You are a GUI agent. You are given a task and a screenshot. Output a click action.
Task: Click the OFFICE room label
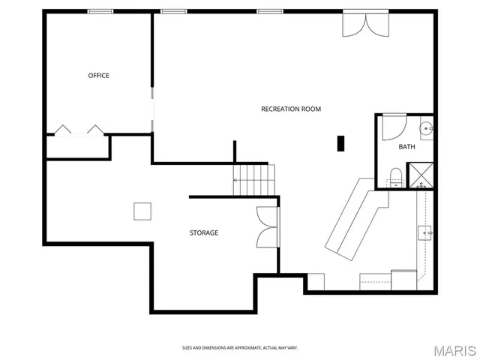98,75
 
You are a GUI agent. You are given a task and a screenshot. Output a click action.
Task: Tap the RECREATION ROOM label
290,109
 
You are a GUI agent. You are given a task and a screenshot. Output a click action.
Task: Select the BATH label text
406,146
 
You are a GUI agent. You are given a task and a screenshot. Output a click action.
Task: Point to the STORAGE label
203,232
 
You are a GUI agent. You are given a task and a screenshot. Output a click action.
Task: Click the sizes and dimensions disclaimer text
239,348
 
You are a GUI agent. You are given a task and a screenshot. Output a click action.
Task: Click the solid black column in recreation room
340,142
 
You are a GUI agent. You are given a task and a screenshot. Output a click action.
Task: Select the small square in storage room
142,211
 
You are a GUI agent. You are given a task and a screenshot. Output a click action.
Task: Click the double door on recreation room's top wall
366,24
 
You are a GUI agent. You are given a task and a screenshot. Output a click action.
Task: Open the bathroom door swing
393,127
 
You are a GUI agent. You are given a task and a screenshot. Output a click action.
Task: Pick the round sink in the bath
426,129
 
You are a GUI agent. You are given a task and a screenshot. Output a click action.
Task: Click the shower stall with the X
420,175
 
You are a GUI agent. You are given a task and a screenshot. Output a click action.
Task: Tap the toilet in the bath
396,177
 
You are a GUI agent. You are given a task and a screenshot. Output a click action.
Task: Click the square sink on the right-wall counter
426,232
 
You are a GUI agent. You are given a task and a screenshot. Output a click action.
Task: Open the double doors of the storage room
268,226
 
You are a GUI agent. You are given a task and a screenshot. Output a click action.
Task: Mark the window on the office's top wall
100,11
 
